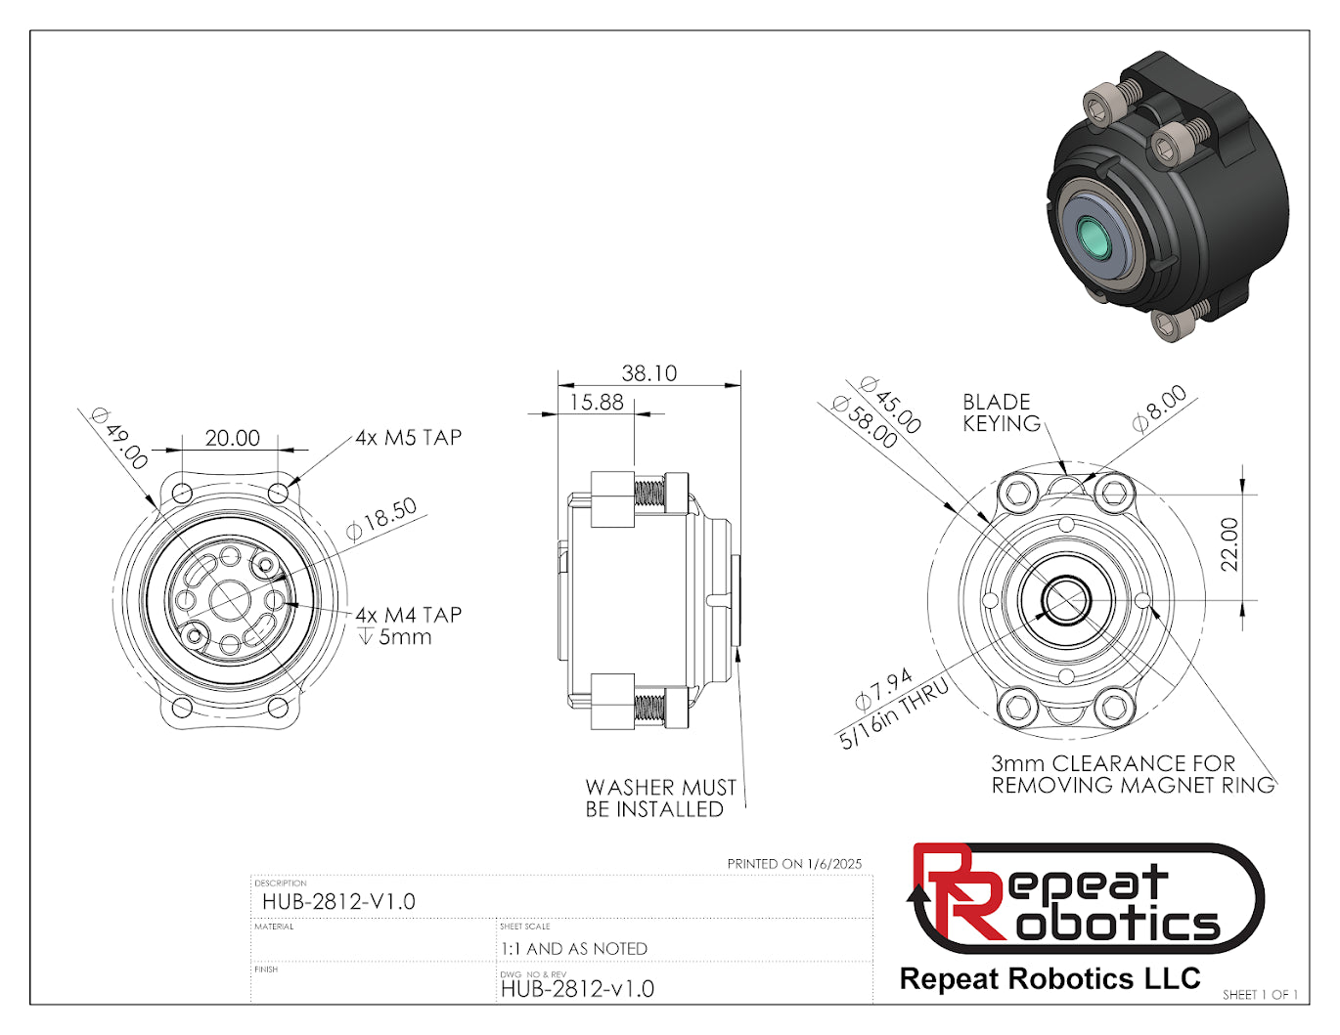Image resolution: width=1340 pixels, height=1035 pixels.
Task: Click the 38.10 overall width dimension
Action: [x=648, y=373]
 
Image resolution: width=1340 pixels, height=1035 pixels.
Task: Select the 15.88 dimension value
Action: [x=597, y=403]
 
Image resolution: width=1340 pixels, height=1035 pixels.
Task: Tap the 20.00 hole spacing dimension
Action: [x=233, y=438]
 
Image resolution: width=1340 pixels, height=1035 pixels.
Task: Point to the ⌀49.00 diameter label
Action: [x=119, y=438]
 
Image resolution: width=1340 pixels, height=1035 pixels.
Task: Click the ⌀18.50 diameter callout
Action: [x=381, y=519]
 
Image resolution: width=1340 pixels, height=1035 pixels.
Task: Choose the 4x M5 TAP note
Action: [x=408, y=438]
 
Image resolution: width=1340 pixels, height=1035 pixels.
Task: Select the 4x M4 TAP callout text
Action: [x=408, y=615]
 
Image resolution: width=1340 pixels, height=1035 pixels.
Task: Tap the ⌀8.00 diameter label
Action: [x=1160, y=410]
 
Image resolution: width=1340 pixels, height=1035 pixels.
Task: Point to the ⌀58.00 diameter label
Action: [x=865, y=422]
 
